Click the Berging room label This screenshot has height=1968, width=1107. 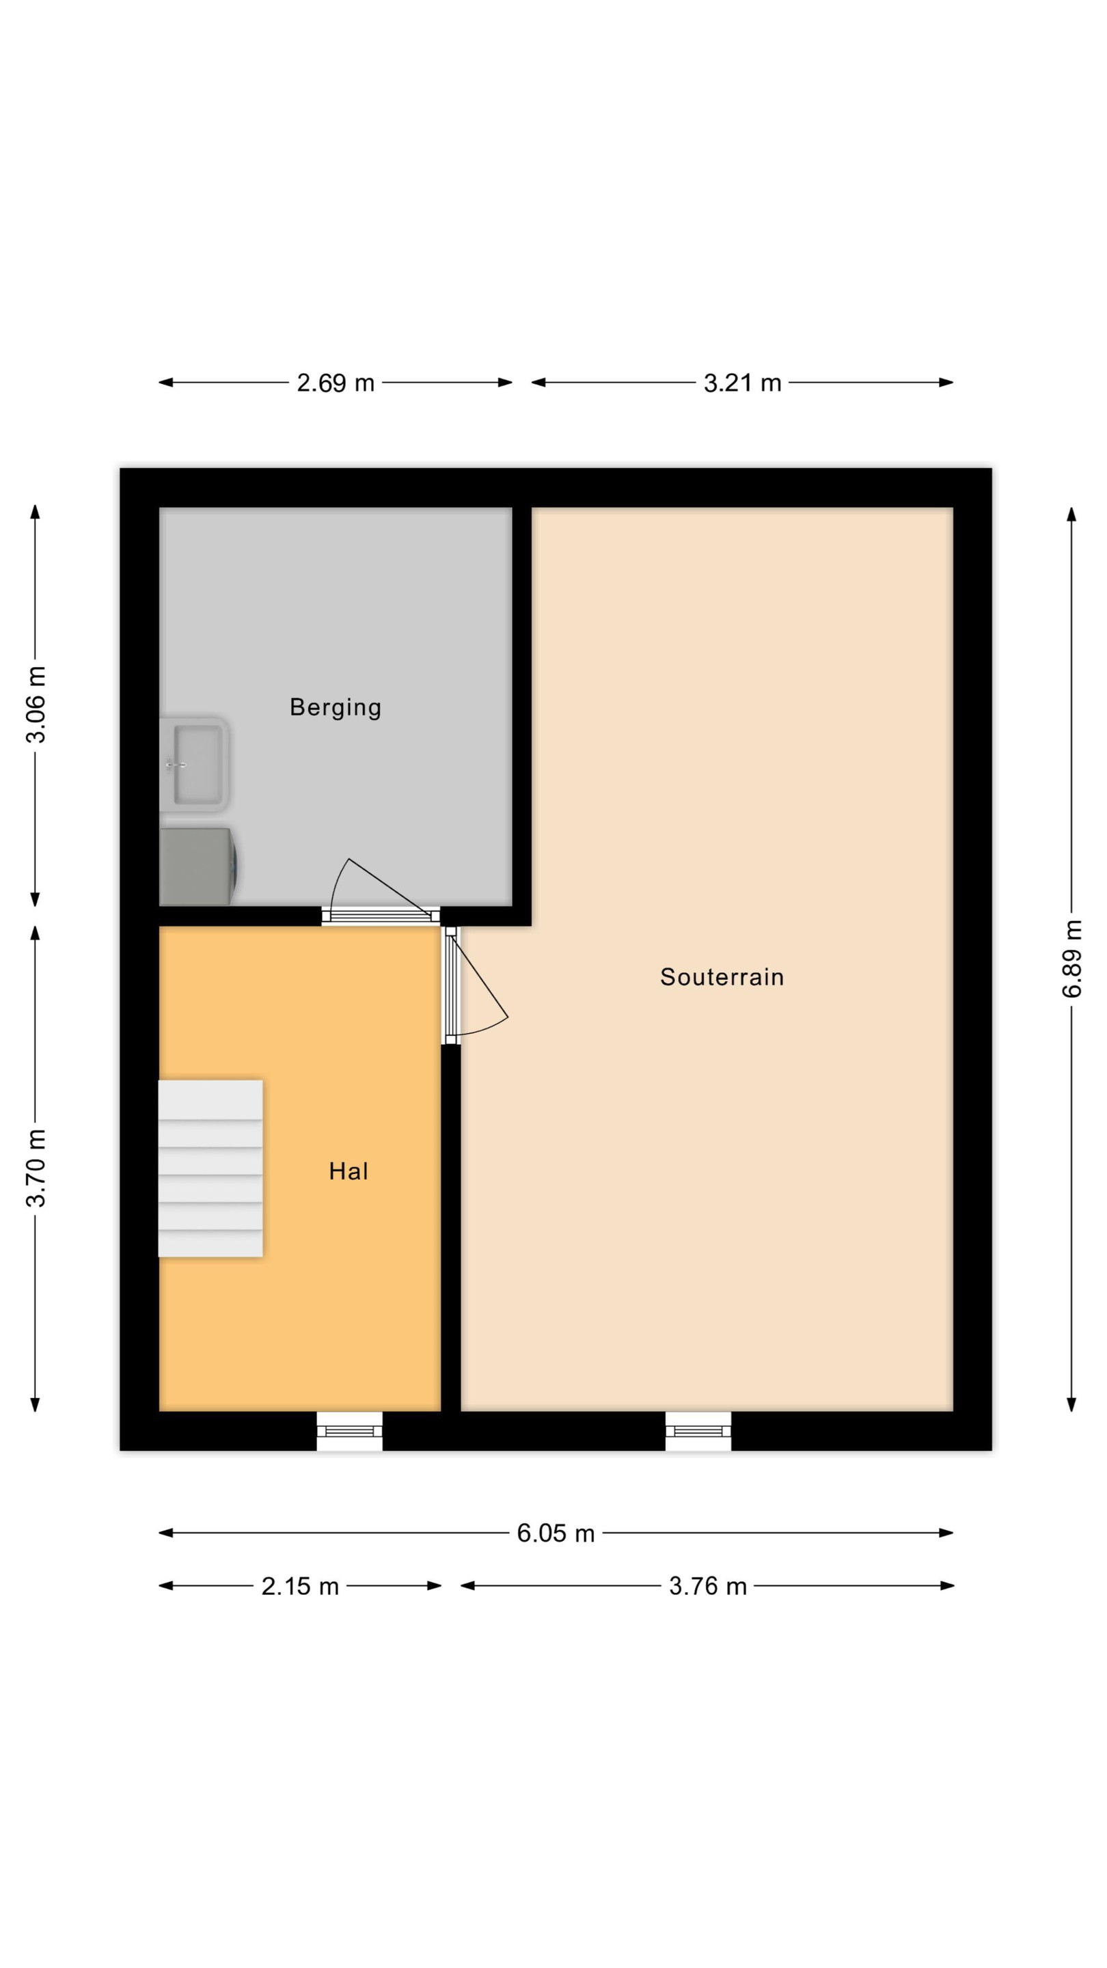pos(336,707)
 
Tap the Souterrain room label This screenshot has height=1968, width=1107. pos(722,977)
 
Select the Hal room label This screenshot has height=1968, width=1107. pos(348,1171)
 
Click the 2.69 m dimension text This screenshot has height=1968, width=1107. pos(336,383)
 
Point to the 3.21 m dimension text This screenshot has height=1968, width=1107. pos(743,383)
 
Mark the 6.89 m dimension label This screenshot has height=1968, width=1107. pos(1072,959)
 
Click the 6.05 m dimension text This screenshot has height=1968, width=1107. pos(556,1533)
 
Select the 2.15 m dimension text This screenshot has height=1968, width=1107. pos(299,1587)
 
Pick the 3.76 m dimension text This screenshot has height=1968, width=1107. pos(707,1587)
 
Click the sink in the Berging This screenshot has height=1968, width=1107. pos(194,764)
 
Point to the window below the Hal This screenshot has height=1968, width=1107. pos(350,1432)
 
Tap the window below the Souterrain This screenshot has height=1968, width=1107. pos(698,1432)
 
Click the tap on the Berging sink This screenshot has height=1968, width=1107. pos(174,764)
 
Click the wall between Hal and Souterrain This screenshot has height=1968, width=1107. pos(451,1229)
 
